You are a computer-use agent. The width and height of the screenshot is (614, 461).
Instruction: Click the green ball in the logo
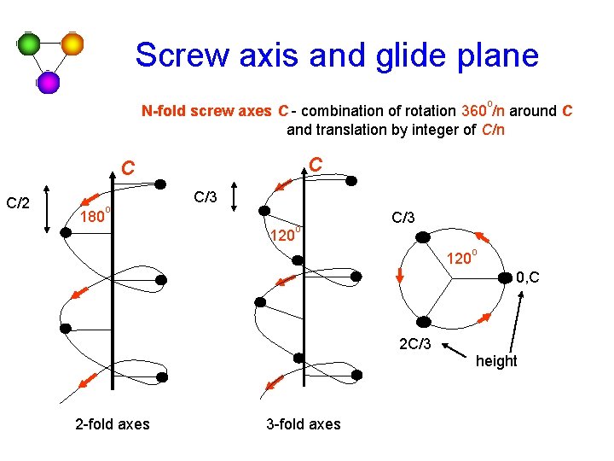tap(30, 44)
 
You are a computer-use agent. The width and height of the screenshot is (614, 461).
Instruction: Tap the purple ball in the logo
tap(49, 82)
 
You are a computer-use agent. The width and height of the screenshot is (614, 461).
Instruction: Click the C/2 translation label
tap(19, 203)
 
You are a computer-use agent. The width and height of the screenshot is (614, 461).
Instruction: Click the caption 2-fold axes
tap(112, 424)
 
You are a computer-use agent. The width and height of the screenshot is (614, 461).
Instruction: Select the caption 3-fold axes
tap(303, 424)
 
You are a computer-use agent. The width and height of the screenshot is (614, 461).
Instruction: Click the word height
tap(496, 361)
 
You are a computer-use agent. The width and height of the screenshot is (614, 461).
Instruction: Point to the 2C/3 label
tap(415, 345)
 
